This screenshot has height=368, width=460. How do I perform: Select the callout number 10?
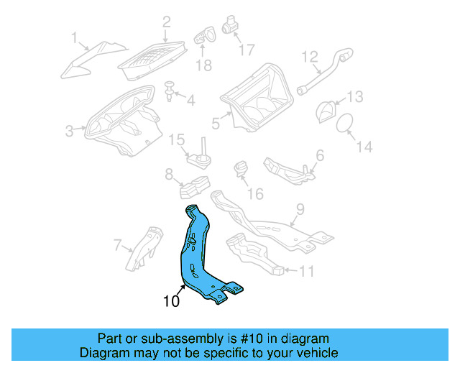click(x=171, y=302)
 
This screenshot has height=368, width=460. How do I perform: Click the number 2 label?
click(x=167, y=22)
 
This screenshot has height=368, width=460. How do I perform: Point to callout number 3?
click(x=70, y=131)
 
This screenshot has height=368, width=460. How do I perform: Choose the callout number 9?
click(x=300, y=211)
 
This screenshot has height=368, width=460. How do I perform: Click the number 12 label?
click(x=310, y=56)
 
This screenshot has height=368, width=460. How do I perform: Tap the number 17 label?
click(x=246, y=50)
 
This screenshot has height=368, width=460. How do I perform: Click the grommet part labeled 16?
click(x=240, y=173)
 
